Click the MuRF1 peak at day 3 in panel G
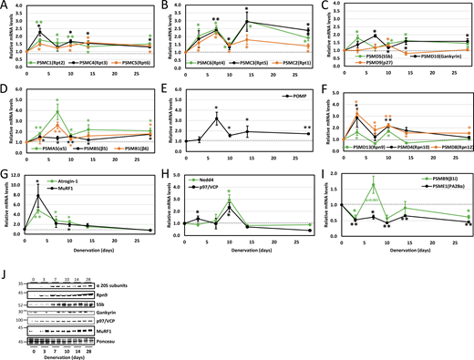coord(38,194)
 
